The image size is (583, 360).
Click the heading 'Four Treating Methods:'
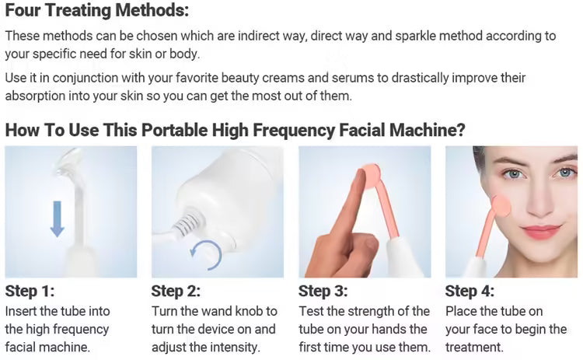point(96,12)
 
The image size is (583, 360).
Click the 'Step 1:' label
point(30,292)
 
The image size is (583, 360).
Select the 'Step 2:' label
point(176,292)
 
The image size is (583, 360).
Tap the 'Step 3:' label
point(323,292)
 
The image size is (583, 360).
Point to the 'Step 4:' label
point(470,292)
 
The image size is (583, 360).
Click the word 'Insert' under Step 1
point(21,311)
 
